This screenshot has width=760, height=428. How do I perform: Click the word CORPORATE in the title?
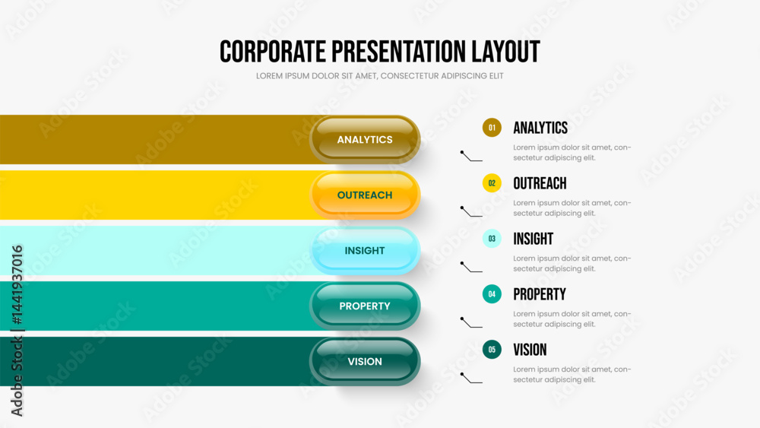pyautogui.click(x=273, y=52)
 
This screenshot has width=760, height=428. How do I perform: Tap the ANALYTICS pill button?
pyautogui.click(x=365, y=140)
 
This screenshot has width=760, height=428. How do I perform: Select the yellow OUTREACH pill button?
pyautogui.click(x=365, y=195)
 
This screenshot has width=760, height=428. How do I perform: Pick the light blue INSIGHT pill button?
pyautogui.click(x=365, y=251)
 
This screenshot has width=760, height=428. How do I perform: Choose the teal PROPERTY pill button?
pyautogui.click(x=365, y=306)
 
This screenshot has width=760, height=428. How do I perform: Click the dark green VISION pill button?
pyautogui.click(x=365, y=362)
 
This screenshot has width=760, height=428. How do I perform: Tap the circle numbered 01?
pyautogui.click(x=492, y=128)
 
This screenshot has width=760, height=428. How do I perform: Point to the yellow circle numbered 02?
pyautogui.click(x=492, y=183)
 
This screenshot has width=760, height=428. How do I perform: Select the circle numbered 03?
pyautogui.click(x=492, y=239)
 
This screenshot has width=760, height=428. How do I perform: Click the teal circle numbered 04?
pyautogui.click(x=492, y=294)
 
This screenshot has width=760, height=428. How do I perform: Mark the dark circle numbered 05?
pyautogui.click(x=492, y=350)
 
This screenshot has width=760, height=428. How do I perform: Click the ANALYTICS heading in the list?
pyautogui.click(x=540, y=128)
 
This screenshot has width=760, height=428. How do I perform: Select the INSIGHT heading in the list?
pyautogui.click(x=534, y=239)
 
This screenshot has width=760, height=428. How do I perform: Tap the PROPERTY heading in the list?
pyautogui.click(x=540, y=294)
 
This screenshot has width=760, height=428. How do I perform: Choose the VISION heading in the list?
pyautogui.click(x=530, y=350)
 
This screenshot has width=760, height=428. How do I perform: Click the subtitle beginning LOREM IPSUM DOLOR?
pyautogui.click(x=379, y=76)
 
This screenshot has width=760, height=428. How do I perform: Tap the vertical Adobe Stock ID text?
pyautogui.click(x=17, y=331)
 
